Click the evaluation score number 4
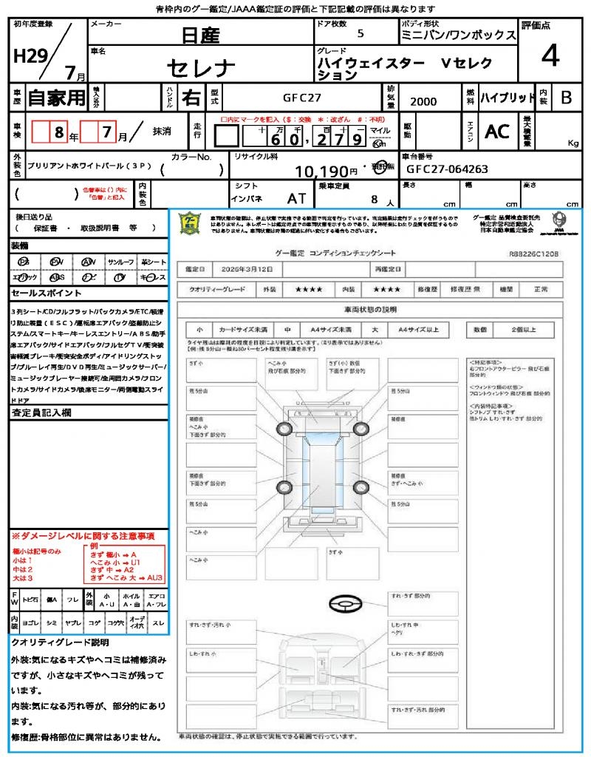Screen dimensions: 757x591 click(550, 57)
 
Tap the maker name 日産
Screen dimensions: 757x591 click(201, 34)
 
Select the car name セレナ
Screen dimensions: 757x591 click(201, 68)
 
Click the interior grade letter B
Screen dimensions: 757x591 click(566, 97)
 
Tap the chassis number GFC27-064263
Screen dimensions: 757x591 click(447, 169)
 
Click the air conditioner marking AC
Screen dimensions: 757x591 click(497, 132)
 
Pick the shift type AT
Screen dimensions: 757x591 click(297, 198)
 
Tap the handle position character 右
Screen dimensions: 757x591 click(191, 98)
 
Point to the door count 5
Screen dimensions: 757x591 click(360, 33)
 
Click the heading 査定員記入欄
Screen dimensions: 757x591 click(41, 413)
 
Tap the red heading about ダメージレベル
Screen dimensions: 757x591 click(83, 535)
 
